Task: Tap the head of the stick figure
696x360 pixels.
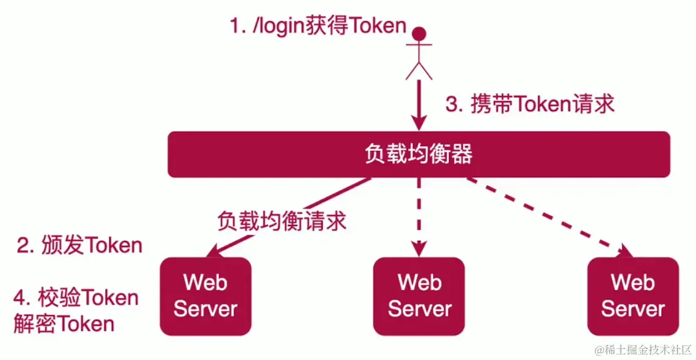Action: click(x=419, y=32)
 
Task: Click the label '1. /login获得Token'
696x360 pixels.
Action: click(x=318, y=26)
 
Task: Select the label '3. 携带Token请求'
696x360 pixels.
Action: click(x=530, y=105)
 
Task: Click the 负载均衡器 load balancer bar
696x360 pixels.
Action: click(x=419, y=155)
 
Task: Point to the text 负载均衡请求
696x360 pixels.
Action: click(x=282, y=220)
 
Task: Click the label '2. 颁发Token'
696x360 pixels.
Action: click(x=79, y=245)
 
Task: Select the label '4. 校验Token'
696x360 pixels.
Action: click(x=76, y=298)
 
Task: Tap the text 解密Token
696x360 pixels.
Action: click(x=64, y=323)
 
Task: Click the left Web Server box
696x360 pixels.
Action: click(x=205, y=296)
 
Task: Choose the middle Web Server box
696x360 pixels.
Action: click(x=419, y=296)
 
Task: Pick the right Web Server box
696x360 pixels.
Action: click(x=632, y=296)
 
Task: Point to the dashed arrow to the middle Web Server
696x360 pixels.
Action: click(x=419, y=214)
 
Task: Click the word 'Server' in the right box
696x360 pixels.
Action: click(x=632, y=308)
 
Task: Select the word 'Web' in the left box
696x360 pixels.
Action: click(x=205, y=282)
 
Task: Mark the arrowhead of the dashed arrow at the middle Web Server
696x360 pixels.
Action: click(x=419, y=249)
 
